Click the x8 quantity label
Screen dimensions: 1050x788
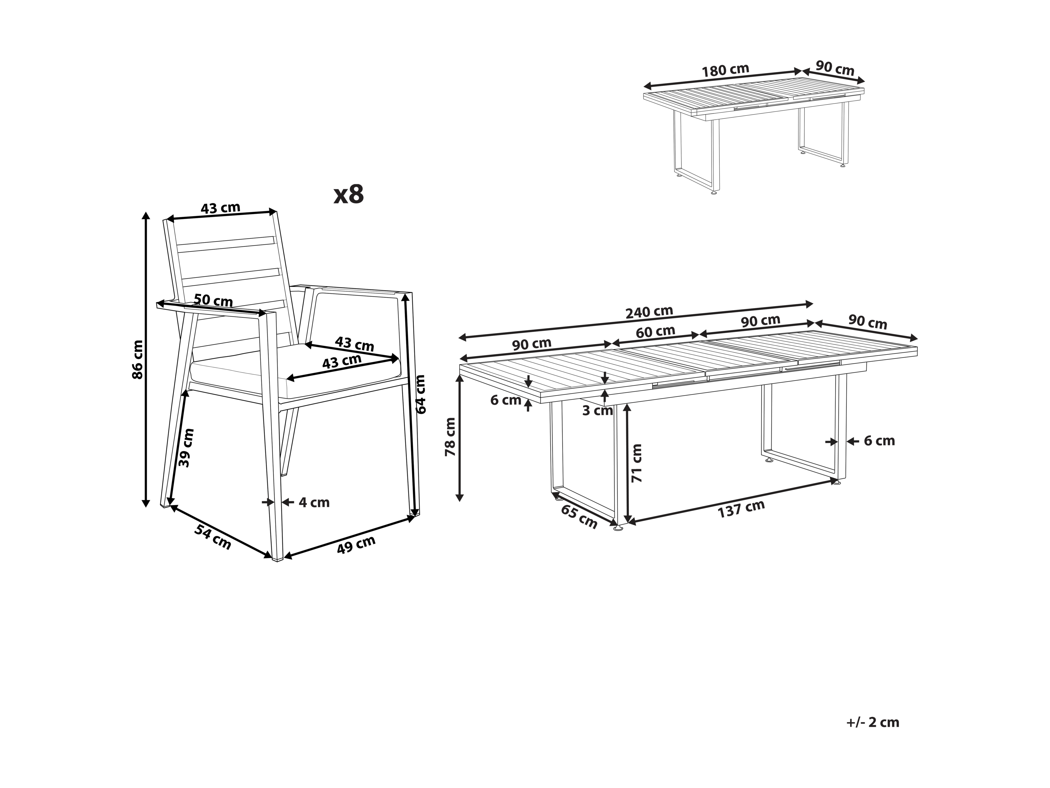(348, 194)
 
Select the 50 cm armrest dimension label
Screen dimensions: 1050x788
(213, 300)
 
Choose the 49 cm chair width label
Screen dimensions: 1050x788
(356, 545)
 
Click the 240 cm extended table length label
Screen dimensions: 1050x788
(649, 312)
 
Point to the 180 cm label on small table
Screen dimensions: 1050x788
(725, 70)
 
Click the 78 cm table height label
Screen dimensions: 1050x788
(450, 437)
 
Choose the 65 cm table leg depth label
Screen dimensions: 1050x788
(579, 517)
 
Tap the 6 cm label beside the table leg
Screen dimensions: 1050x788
(879, 441)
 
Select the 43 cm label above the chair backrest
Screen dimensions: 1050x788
(220, 208)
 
